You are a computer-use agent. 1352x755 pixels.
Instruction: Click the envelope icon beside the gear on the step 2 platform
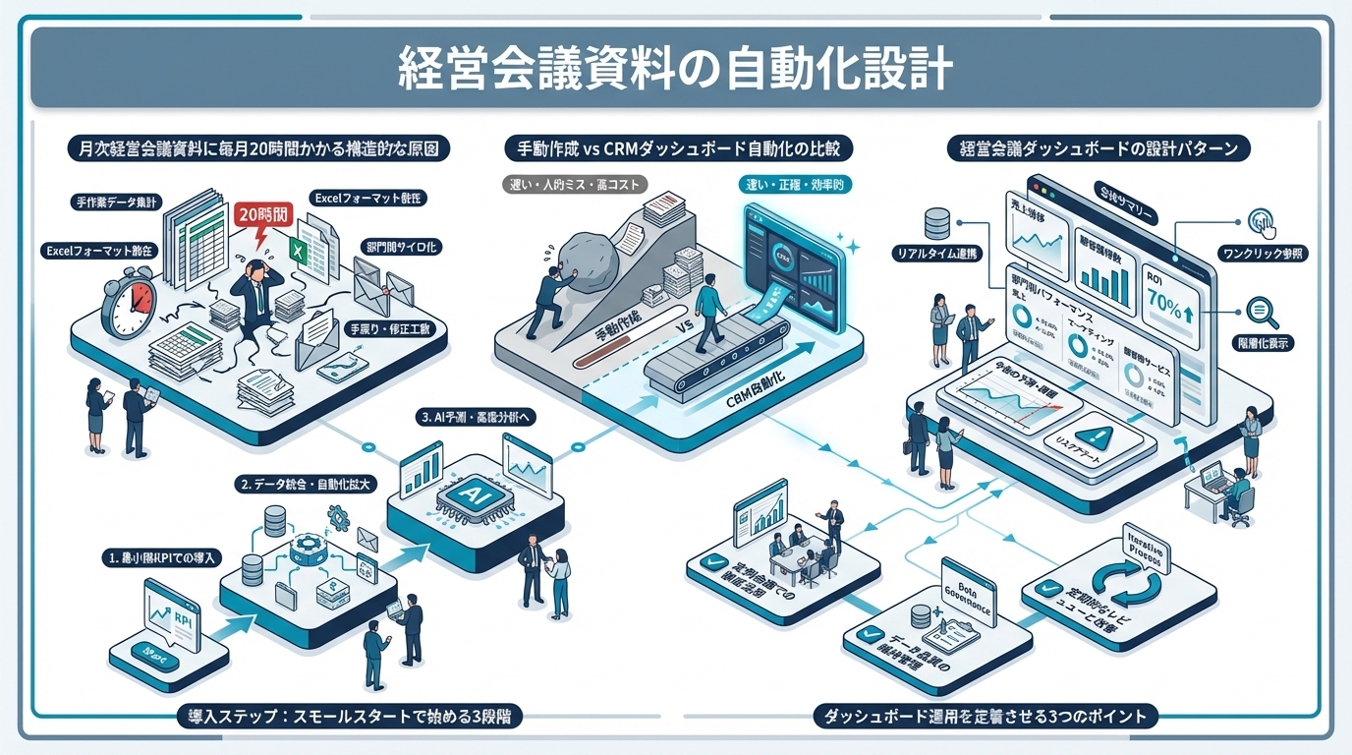point(368,539)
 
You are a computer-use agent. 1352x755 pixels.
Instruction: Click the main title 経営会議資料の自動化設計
point(675,67)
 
